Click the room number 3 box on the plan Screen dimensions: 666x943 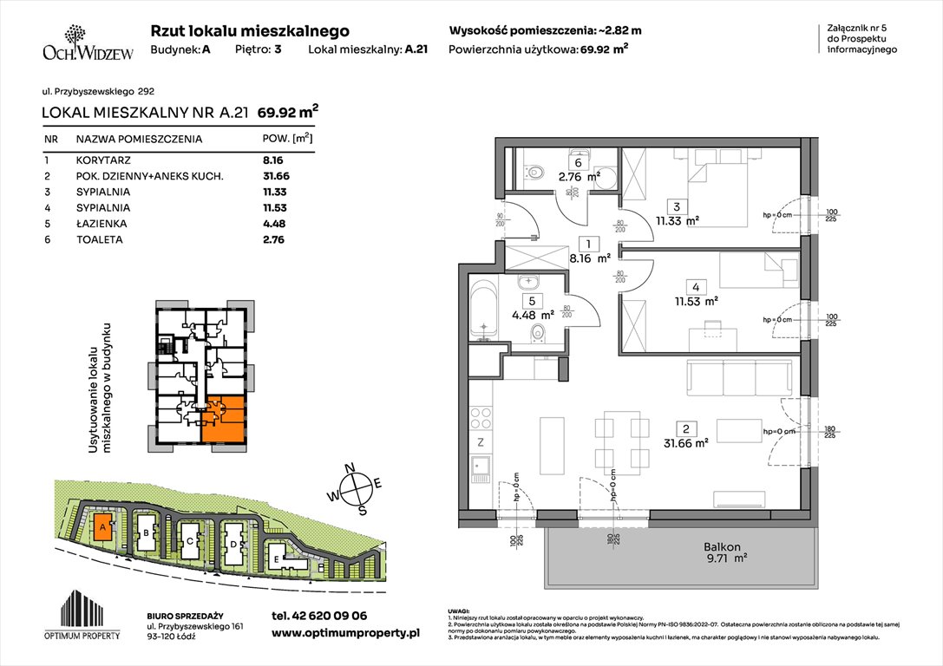click(673, 206)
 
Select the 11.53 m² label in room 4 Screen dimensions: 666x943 click(697, 302)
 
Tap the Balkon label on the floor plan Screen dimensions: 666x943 click(722, 547)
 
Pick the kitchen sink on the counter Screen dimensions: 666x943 click(480, 473)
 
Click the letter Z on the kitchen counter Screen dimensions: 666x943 click(480, 443)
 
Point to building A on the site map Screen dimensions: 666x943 click(102, 527)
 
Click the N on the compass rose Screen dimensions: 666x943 click(350, 469)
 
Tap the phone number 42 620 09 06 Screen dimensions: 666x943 click(319, 616)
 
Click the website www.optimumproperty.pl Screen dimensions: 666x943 click(344, 634)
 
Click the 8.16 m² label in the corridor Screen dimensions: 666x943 click(591, 258)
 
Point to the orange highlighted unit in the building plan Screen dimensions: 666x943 click(225, 419)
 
